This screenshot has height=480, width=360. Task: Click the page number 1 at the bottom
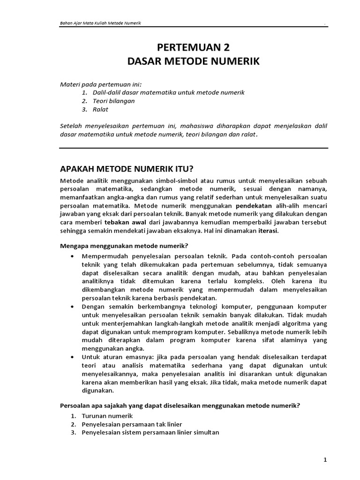coord(325,460)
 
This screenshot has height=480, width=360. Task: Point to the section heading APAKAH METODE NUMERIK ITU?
coord(128,169)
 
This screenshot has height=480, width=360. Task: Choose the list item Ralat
coord(101,109)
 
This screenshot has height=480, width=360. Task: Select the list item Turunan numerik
coord(107,416)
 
